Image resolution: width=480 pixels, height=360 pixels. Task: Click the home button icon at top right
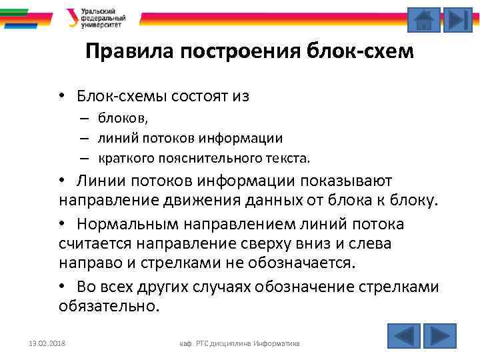[x=423, y=19]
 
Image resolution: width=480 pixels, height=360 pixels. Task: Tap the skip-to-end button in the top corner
[x=457, y=19]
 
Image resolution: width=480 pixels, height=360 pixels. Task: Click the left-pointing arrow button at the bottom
[x=403, y=335]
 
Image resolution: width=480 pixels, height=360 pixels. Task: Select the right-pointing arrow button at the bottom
[x=440, y=335]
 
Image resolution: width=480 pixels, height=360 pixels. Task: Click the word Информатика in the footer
[x=277, y=343]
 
